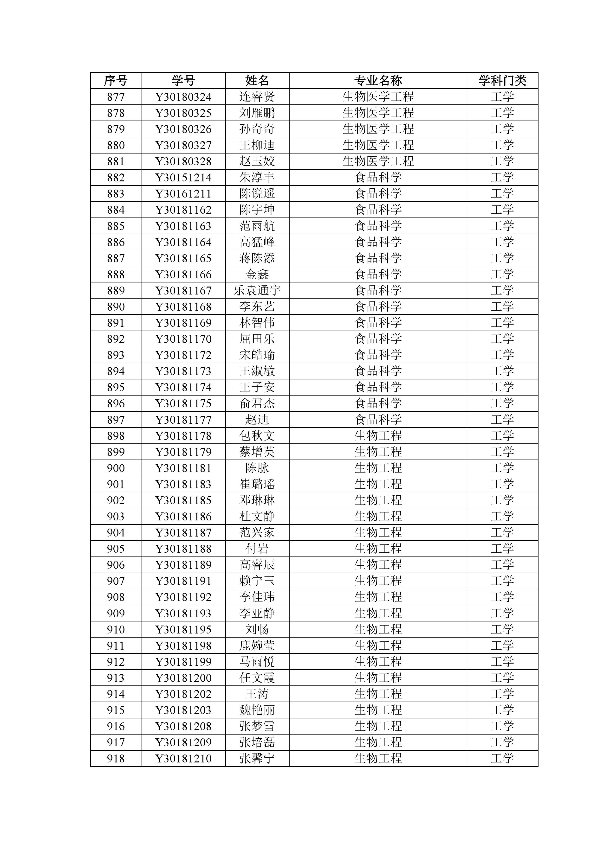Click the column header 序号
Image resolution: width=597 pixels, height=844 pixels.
116,81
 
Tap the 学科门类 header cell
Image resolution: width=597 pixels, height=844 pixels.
502,81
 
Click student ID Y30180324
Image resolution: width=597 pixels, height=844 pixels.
183,97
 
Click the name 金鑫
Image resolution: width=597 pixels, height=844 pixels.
257,275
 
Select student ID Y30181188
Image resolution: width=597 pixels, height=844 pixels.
183,549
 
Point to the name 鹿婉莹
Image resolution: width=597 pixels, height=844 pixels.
257,646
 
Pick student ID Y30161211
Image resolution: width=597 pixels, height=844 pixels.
183,194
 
